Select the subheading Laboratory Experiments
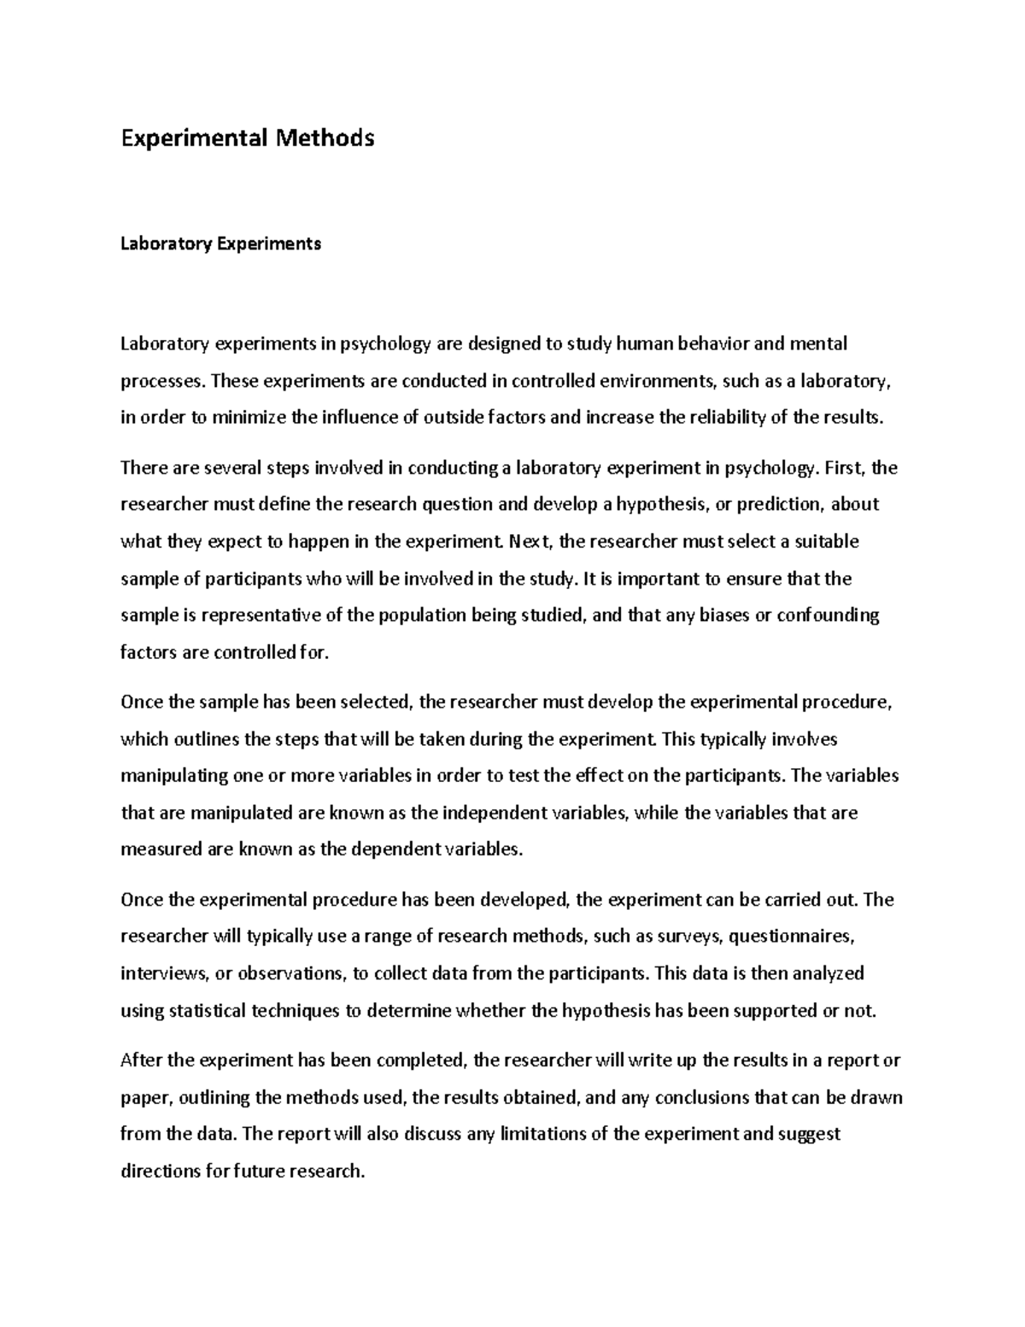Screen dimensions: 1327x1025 (220, 244)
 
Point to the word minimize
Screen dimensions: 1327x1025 (248, 418)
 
